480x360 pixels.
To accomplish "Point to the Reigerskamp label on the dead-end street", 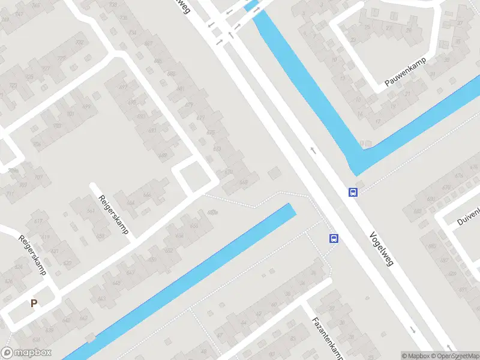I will point(114,214).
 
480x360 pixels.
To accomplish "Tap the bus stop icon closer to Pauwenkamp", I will point(353,193).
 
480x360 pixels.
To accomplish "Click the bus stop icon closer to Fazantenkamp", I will point(334,238).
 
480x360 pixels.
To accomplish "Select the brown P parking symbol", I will point(34,304).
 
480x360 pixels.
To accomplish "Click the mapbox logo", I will point(26,353).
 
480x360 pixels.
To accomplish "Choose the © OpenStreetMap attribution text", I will point(457,356).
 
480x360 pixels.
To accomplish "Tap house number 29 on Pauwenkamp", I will point(352,41).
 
